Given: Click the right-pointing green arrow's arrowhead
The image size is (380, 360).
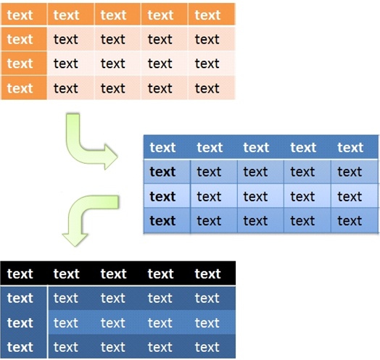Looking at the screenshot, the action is coord(111,157).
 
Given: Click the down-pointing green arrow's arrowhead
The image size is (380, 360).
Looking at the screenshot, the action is coord(75,240).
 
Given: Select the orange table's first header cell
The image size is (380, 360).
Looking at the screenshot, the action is coord(24,14).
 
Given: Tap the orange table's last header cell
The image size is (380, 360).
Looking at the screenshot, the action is coord(212,14).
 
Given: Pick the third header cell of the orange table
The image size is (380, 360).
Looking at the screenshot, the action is coord(117,14).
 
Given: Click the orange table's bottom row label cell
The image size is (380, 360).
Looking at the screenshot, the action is coord(24,88).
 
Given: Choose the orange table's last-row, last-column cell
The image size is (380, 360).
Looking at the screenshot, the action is coord(212,88).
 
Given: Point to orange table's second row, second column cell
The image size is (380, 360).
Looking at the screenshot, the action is coord(70,39).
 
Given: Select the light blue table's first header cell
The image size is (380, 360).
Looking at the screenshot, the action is coord(167,147).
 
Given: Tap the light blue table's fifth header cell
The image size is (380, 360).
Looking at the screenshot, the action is coord(355,147).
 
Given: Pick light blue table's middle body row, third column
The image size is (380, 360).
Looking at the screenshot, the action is coord(260,196).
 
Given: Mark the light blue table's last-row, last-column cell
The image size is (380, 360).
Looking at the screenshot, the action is coord(355,220).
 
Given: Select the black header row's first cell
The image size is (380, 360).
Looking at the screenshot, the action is coord(24,273).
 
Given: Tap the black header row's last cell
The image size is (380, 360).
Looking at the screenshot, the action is coord(212,273).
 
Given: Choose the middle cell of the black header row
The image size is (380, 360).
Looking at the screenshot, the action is coord(117,273).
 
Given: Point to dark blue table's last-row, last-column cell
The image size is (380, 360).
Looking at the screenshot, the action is coord(212,347).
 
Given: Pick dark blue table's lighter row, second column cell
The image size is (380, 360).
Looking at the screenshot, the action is coord(71,322).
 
